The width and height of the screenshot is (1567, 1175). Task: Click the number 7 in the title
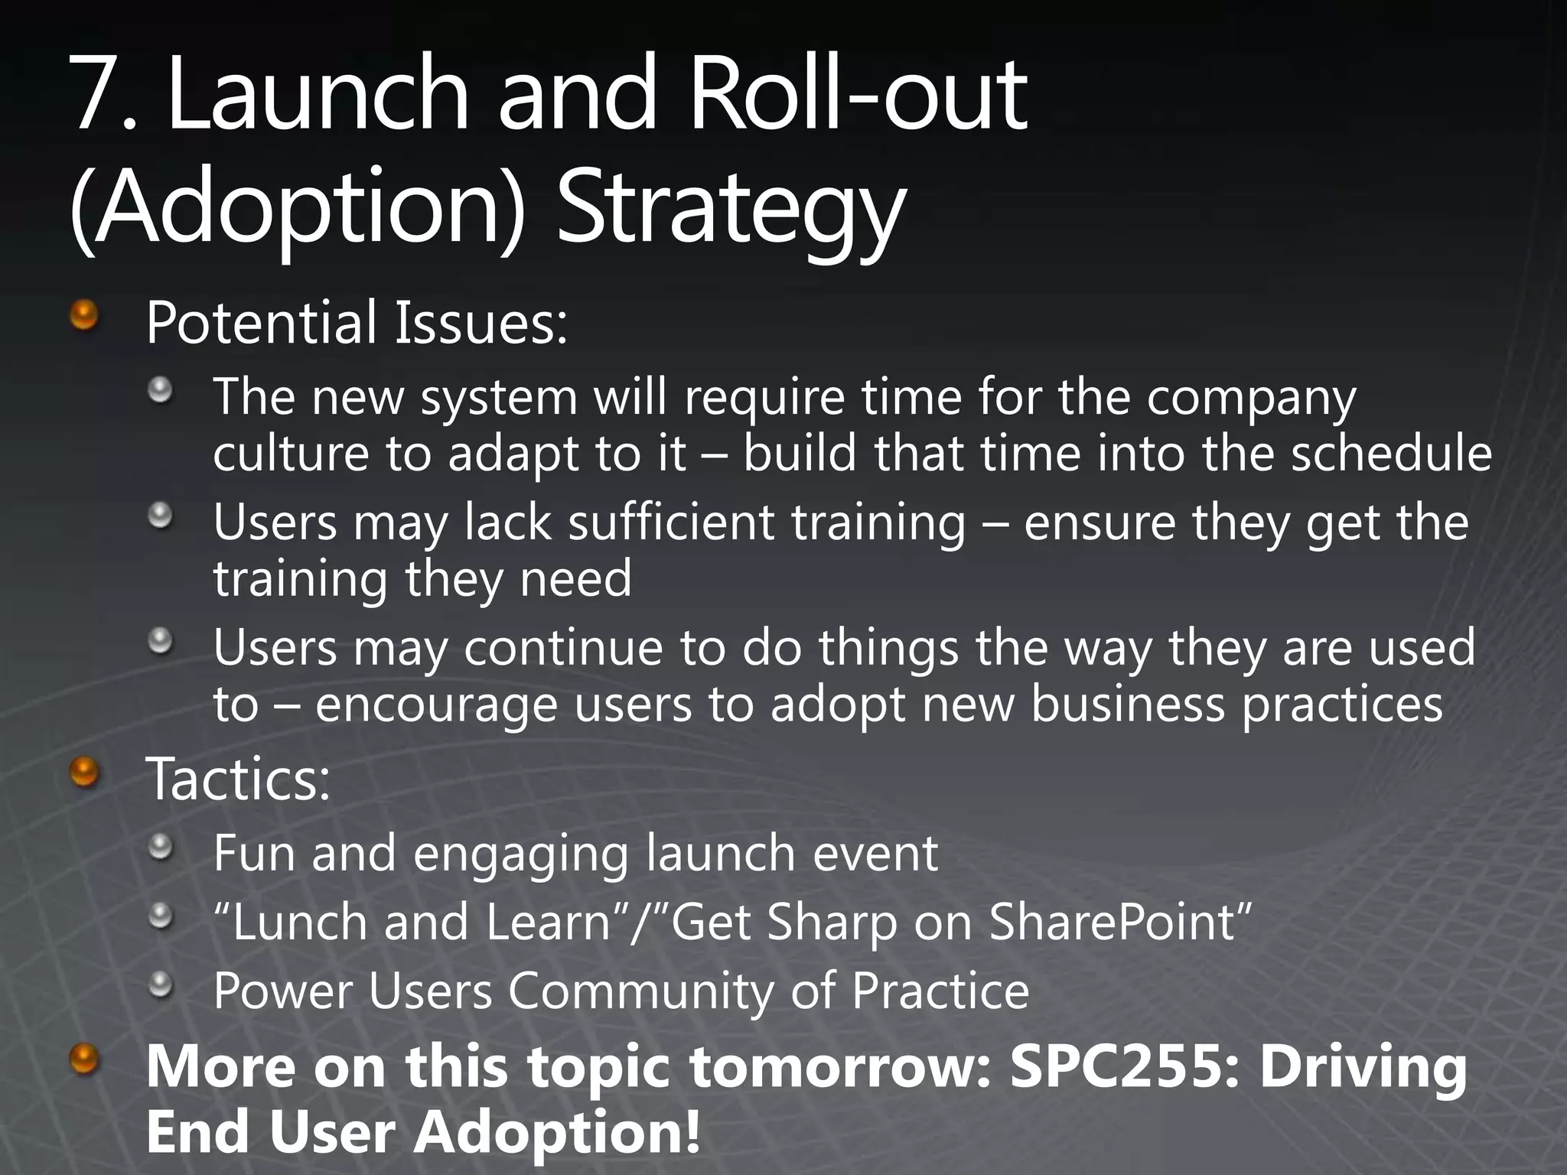pyautogui.click(x=99, y=96)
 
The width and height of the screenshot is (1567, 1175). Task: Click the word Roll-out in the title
pyautogui.click(x=857, y=96)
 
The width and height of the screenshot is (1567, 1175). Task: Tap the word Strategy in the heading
pyautogui.click(x=731, y=210)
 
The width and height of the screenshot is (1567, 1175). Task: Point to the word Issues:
pyautogui.click(x=481, y=323)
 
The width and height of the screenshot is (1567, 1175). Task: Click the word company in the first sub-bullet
pyautogui.click(x=1250, y=399)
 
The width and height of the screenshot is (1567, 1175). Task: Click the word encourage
pyautogui.click(x=436, y=705)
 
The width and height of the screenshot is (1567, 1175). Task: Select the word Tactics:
pyautogui.click(x=238, y=780)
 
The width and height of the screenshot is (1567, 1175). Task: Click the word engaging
pyautogui.click(x=520, y=854)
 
